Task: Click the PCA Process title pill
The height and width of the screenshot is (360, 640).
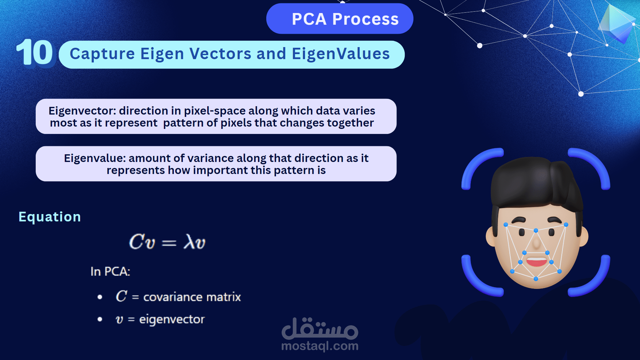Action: pyautogui.click(x=340, y=19)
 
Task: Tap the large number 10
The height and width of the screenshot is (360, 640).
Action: pyautogui.click(x=35, y=53)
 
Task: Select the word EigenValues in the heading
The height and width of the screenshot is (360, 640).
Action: pyautogui.click(x=341, y=54)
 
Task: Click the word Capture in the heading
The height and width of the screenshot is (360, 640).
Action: pyautogui.click(x=102, y=54)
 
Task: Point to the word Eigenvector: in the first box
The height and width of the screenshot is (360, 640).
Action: pyautogui.click(x=82, y=111)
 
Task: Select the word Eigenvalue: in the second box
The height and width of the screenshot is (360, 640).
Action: pyautogui.click(x=95, y=158)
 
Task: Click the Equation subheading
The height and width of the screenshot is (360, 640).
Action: pyautogui.click(x=50, y=217)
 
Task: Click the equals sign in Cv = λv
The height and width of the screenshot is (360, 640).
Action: pyautogui.click(x=169, y=243)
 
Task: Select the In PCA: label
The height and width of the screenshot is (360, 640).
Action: pyautogui.click(x=110, y=272)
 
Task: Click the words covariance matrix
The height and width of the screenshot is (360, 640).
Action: pyautogui.click(x=192, y=297)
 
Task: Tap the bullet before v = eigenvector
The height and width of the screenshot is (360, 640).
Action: pyautogui.click(x=100, y=319)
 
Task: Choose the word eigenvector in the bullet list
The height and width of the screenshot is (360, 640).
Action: pyautogui.click(x=172, y=320)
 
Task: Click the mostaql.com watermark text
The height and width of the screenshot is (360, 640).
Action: pyautogui.click(x=320, y=346)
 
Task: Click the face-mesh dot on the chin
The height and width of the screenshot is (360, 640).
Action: pyautogui.click(x=536, y=279)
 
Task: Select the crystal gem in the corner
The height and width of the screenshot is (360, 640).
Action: pyautogui.click(x=617, y=23)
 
